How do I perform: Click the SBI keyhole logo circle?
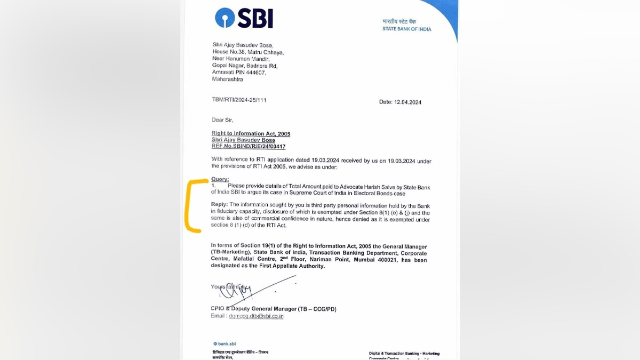(225, 18)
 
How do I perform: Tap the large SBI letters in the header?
(254, 19)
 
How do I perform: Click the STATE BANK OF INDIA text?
(406, 29)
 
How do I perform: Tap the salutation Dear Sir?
(222, 119)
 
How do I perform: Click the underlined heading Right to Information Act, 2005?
(251, 133)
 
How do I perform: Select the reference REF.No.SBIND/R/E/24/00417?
(252, 146)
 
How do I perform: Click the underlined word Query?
(220, 179)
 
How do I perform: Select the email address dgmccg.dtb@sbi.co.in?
(256, 316)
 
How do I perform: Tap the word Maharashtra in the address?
(227, 79)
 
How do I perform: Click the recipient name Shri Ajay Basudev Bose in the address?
(242, 45)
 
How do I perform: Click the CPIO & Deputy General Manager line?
(274, 309)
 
